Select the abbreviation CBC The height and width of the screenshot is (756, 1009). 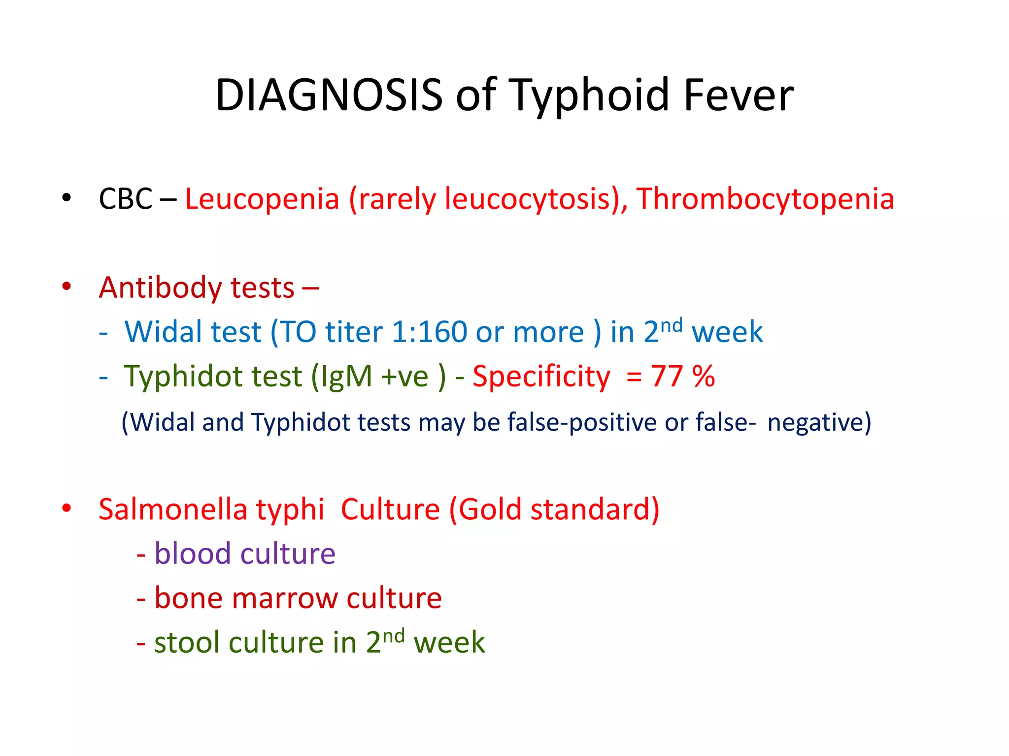[x=126, y=199]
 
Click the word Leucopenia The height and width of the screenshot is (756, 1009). [x=262, y=199]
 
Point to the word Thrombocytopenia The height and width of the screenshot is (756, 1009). [x=765, y=199]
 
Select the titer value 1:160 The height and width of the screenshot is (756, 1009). [x=429, y=332]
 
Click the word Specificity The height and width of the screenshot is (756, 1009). [x=541, y=377]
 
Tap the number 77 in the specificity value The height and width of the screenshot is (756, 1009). [x=667, y=377]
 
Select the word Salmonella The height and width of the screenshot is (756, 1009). [x=172, y=509]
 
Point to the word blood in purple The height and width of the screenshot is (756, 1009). [x=192, y=554]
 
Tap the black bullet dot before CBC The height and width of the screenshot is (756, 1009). [x=67, y=198]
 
